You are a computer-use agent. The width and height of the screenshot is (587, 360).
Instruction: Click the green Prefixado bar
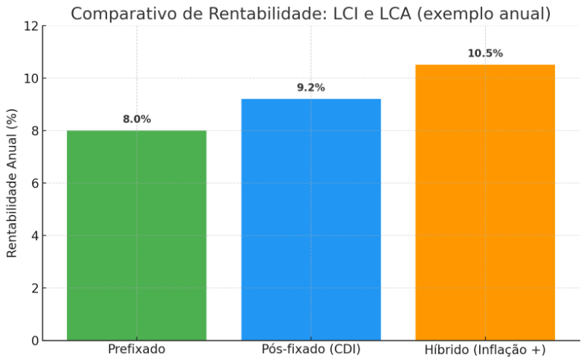tap(137, 235)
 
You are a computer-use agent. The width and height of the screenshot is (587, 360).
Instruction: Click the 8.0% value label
tap(137, 119)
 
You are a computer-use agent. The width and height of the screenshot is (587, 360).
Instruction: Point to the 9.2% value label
tap(311, 87)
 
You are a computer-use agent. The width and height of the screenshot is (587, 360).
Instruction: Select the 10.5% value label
tap(485, 53)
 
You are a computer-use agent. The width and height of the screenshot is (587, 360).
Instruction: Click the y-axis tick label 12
tap(30, 27)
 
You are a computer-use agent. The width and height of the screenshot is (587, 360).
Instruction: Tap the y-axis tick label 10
tap(30, 79)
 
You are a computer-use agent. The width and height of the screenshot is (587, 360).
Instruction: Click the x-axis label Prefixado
tap(137, 349)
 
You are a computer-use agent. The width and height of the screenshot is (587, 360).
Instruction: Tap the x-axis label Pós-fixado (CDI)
tap(311, 349)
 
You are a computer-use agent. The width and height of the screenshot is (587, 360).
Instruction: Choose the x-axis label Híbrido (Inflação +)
tap(485, 349)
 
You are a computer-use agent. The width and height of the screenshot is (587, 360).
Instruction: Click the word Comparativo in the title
tap(119, 14)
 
